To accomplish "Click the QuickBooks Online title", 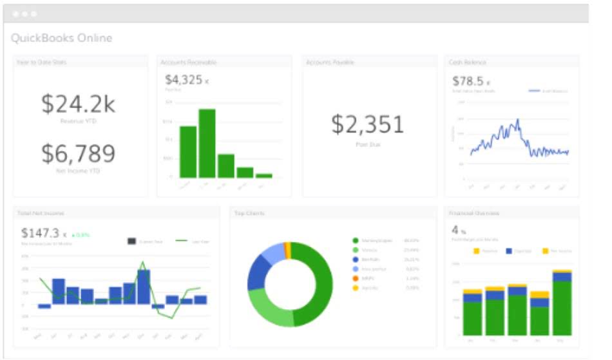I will point(61,38).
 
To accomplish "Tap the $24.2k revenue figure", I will point(79,104).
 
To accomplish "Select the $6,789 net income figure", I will point(79,154).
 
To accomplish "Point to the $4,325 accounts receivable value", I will point(184,80).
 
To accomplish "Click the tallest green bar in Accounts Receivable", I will point(207,143).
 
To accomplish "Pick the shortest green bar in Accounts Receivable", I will point(264,175).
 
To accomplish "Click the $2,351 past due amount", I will point(368,124).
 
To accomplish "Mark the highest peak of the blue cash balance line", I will point(517,120).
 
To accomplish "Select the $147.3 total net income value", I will point(40,232).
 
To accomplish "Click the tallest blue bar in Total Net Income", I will point(144,287).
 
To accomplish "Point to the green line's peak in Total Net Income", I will point(143,262).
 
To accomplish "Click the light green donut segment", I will point(267,308).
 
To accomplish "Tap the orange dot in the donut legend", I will point(355,278).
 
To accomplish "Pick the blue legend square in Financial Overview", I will point(509,251).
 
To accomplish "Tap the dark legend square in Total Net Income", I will point(132,241).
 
